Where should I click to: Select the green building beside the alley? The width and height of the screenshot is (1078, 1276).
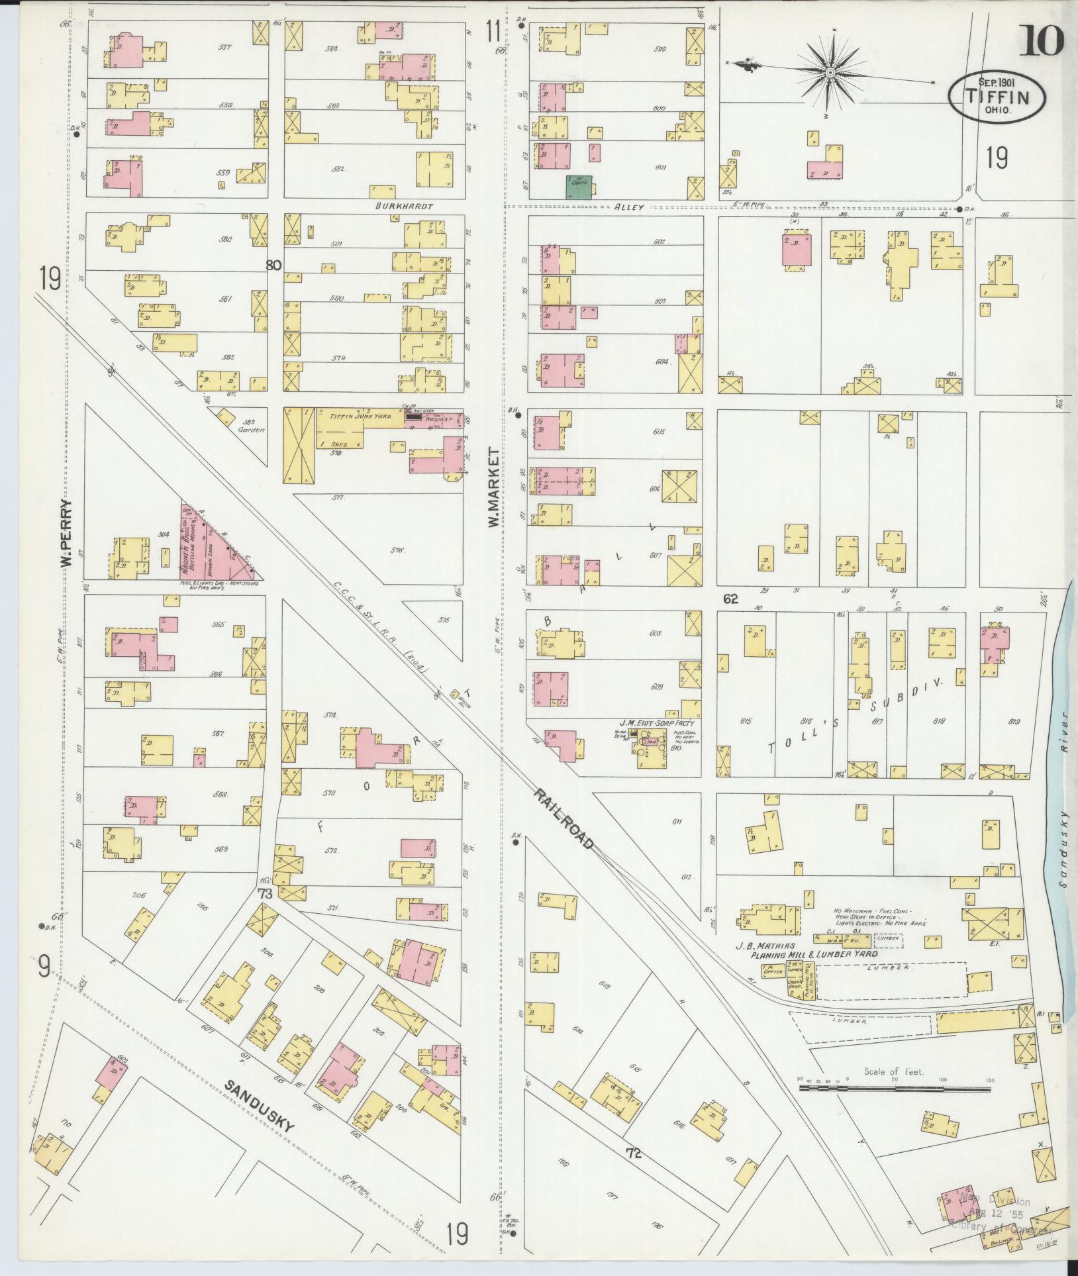pyautogui.click(x=579, y=187)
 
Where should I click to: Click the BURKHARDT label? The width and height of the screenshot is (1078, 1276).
pyautogui.click(x=403, y=207)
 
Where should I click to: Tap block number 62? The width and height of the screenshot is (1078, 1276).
pyautogui.click(x=730, y=599)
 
